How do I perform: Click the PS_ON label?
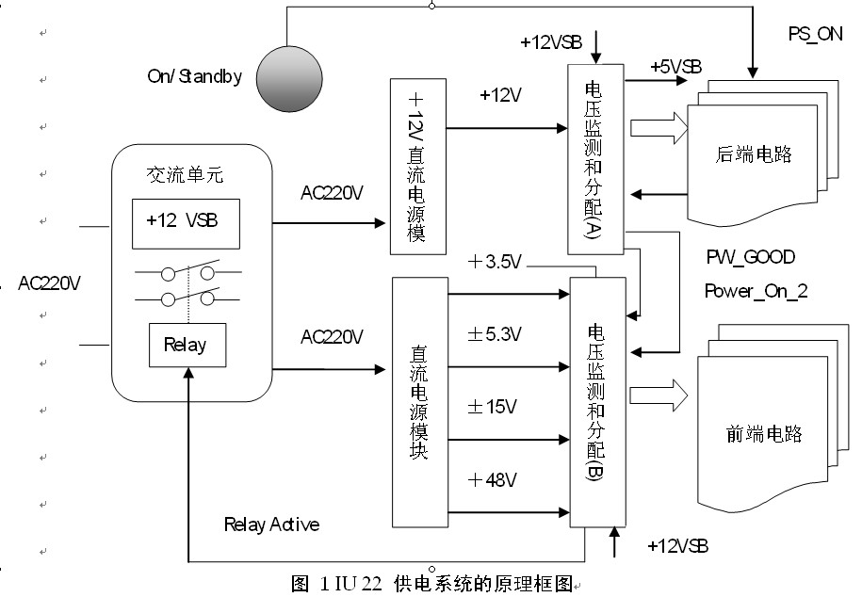[814, 34]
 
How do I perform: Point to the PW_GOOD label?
[750, 256]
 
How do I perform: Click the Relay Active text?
[271, 524]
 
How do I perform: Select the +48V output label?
[493, 480]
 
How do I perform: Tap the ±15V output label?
[493, 407]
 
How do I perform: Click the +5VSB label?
[675, 67]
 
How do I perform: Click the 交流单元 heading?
[185, 175]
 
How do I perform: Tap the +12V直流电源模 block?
[417, 167]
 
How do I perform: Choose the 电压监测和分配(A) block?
[595, 159]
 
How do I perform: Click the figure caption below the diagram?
[432, 584]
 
